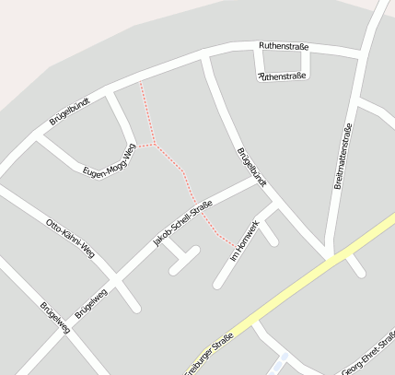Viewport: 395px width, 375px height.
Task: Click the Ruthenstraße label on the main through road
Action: [284, 45]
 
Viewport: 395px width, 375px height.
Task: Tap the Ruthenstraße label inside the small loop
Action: [284, 76]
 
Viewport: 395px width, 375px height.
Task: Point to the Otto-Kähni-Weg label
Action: [70, 237]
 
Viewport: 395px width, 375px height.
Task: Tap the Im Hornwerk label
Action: [246, 241]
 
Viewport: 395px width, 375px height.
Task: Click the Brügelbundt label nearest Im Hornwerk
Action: [251, 167]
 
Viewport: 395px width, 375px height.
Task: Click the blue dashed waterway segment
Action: [281, 358]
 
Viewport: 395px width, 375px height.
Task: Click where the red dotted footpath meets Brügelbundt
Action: [140, 83]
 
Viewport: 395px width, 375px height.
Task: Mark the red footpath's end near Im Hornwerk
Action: [229, 242]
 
